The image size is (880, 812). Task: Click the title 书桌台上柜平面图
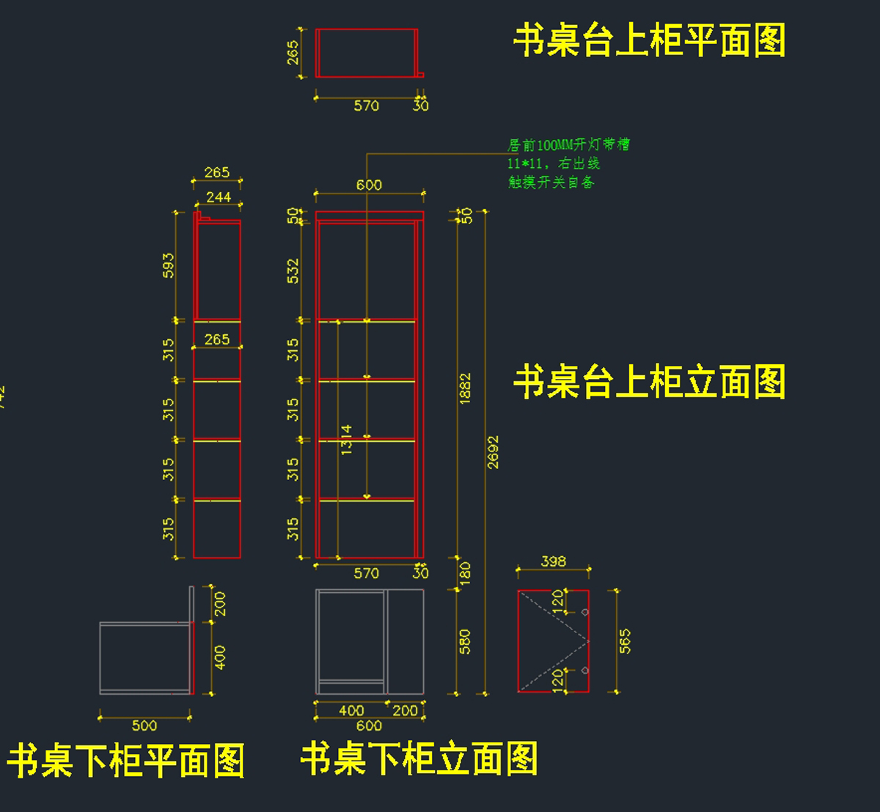[x=649, y=40]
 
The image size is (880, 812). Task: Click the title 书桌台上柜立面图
[x=649, y=382]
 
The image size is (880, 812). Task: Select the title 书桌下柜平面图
[x=125, y=760]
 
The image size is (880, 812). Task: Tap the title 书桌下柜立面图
[x=419, y=759]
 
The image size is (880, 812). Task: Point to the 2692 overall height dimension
[x=493, y=452]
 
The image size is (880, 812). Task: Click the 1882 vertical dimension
[x=465, y=388]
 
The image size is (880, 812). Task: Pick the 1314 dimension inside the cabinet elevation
[x=346, y=439]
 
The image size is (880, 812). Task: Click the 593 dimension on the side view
[x=169, y=266]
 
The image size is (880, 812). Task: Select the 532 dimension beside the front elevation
[x=293, y=270]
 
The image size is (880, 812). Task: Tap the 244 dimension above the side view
[x=219, y=197]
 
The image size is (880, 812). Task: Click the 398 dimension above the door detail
[x=553, y=561]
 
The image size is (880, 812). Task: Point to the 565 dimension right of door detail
[x=625, y=641]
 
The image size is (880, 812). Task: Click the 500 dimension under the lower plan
[x=144, y=726]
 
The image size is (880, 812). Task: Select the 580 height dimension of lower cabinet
[x=465, y=641]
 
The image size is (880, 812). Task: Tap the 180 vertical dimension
[x=465, y=572]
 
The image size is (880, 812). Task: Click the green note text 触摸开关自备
[x=551, y=182]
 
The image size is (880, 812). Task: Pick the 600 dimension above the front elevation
[x=369, y=185]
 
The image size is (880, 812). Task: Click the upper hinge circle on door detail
[x=584, y=611]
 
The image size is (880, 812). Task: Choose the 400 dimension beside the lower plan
[x=220, y=657]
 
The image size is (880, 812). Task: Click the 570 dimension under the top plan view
[x=366, y=106]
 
